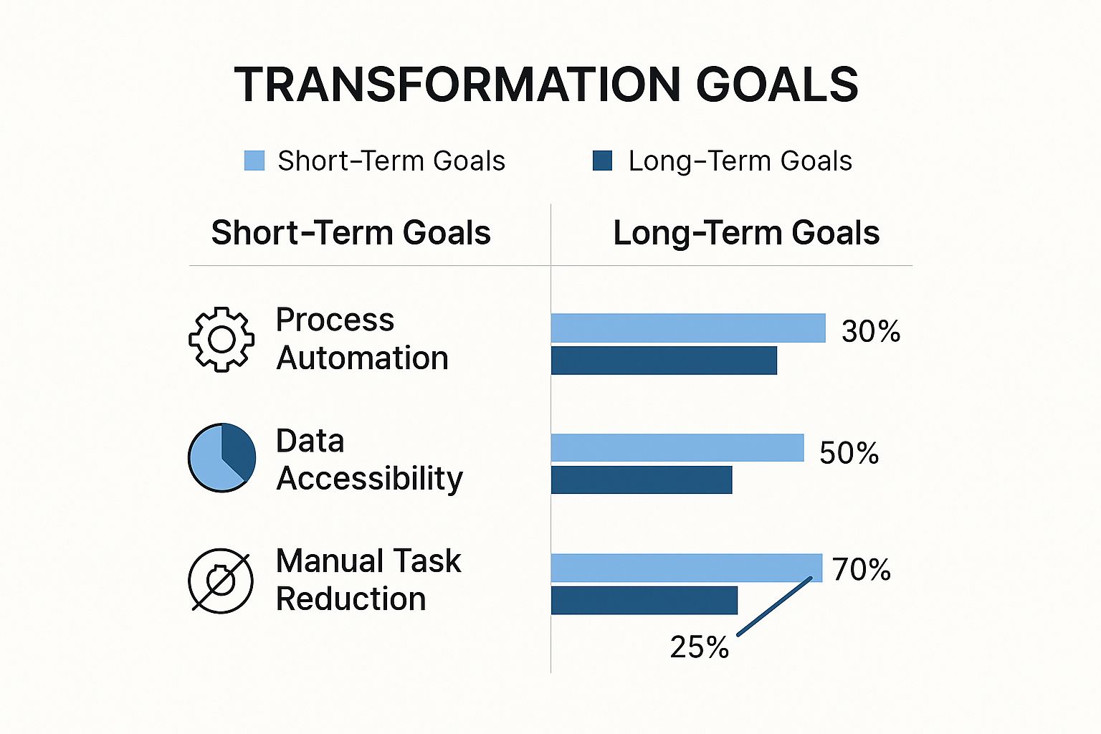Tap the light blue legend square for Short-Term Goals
pos(254,161)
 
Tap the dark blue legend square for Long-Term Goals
pos(602,161)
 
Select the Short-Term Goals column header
pos(351,233)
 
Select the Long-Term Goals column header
pos(746,233)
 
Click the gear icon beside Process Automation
pos(221,339)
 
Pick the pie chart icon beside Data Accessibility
pos(221,457)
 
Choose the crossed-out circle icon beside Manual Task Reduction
pos(221,581)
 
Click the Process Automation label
pos(362,339)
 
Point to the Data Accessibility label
pos(369,459)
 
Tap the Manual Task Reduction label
pos(368,580)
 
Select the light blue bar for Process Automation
pos(688,328)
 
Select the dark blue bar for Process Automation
pos(664,361)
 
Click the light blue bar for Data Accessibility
pos(677,448)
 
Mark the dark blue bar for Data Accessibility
pos(642,480)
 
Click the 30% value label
pos(871,331)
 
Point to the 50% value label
pos(849,453)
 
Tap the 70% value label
pos(862,570)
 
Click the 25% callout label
pos(699,647)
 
